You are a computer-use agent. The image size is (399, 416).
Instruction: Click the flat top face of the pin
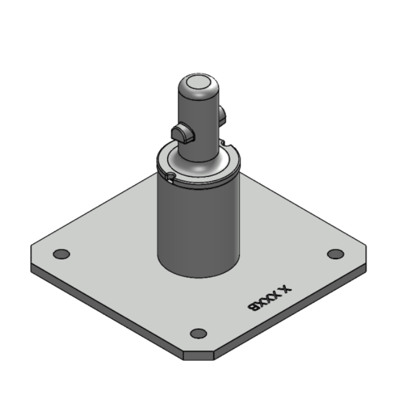(x=199, y=85)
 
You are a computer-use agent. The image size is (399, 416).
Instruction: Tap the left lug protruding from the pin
(x=182, y=133)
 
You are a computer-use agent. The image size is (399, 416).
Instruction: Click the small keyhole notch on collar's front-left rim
(x=170, y=176)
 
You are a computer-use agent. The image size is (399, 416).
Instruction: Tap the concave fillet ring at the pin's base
(x=199, y=165)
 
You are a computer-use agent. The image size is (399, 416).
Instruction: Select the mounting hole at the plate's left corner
(x=61, y=254)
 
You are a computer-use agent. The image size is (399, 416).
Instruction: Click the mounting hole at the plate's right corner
(x=335, y=254)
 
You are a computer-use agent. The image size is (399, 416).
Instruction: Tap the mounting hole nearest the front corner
(x=199, y=333)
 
